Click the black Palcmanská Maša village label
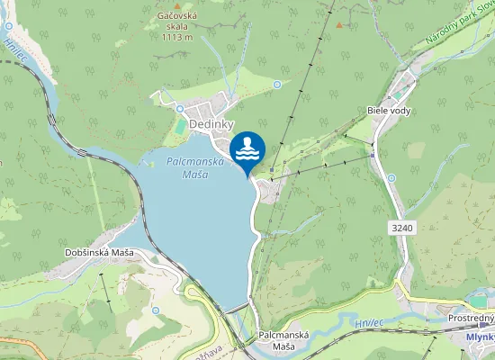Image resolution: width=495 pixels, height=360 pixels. pyautogui.click(x=283, y=340)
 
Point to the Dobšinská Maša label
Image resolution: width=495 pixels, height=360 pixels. pyautogui.click(x=99, y=252)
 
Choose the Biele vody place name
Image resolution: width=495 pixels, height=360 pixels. pyautogui.click(x=388, y=110)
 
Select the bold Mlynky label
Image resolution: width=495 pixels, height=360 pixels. pyautogui.click(x=481, y=337)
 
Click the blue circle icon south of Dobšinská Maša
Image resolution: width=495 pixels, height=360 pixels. pyautogui.click(x=157, y=310)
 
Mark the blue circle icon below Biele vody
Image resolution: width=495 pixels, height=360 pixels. pyautogui.click(x=392, y=177)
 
